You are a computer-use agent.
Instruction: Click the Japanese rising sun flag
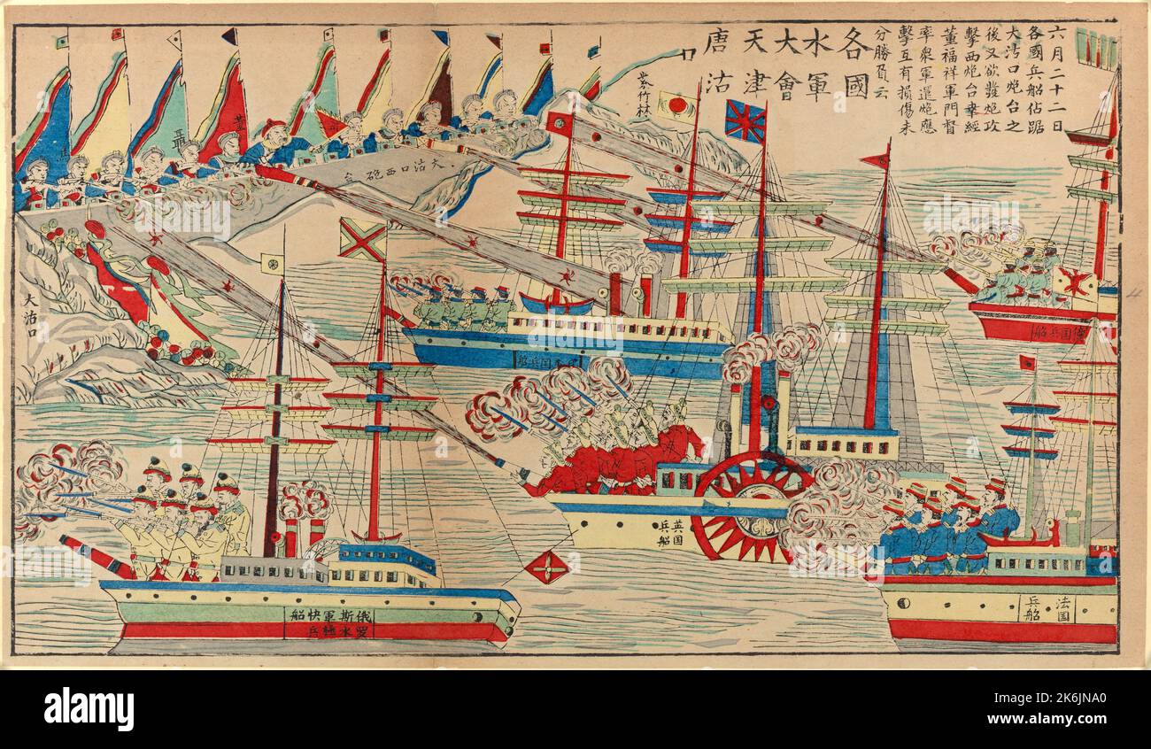(x=678, y=107)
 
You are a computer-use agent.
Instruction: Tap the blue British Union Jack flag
(x=745, y=121)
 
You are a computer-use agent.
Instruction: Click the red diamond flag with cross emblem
(x=547, y=567)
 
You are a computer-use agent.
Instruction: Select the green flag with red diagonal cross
(x=362, y=239)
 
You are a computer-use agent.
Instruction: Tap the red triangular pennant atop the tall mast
(x=877, y=159)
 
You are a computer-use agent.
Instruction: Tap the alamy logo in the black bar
(x=89, y=709)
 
